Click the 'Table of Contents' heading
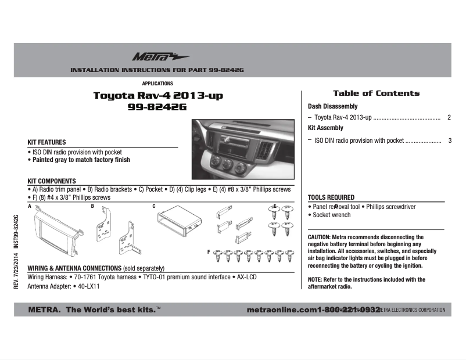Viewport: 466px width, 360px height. click(x=376, y=93)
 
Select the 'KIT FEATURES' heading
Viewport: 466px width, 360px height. click(x=46, y=142)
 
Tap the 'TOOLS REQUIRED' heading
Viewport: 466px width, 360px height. click(x=331, y=197)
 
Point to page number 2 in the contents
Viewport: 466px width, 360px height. click(x=449, y=117)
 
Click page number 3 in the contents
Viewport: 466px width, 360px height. click(x=449, y=141)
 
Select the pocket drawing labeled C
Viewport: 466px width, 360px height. click(x=178, y=222)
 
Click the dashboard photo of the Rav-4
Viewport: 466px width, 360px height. click(x=243, y=148)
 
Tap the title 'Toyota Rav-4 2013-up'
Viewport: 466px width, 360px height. click(x=158, y=96)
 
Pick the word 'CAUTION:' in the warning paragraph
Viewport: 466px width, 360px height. click(x=319, y=237)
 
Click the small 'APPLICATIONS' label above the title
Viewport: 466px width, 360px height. click(x=157, y=84)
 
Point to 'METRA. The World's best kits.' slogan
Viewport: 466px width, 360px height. click(x=94, y=310)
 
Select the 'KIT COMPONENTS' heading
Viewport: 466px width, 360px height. click(x=52, y=181)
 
